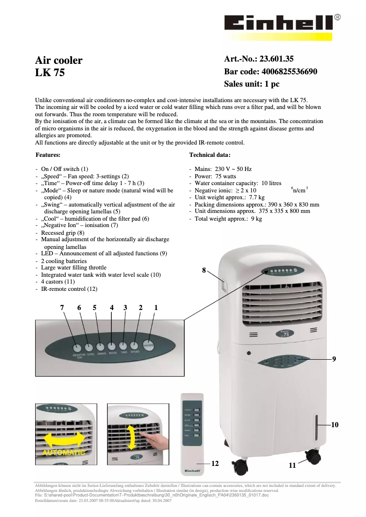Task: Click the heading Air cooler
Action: coord(59,60)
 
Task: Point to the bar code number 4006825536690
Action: coord(290,72)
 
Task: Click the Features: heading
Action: coord(48,155)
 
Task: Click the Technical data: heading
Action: coord(210,155)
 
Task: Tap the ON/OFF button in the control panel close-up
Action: coord(148,345)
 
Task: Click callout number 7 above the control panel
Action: coord(62,308)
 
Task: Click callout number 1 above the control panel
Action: coord(156,308)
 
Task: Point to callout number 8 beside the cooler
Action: coord(204,270)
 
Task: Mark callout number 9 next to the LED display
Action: coord(334,359)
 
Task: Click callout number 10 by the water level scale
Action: coord(335,424)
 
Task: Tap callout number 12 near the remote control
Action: coord(215,463)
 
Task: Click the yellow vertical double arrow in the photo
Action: coord(131,437)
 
